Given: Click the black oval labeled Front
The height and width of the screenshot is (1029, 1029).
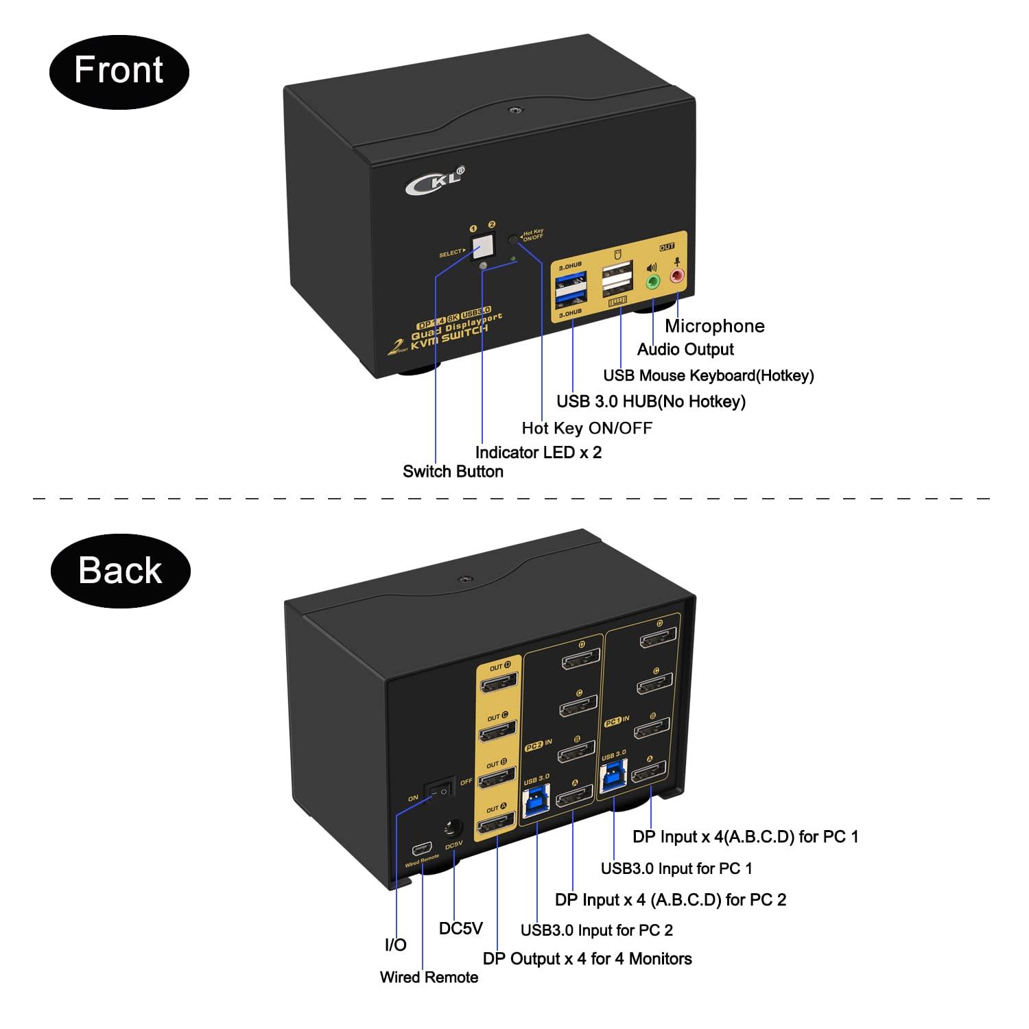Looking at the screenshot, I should (x=119, y=71).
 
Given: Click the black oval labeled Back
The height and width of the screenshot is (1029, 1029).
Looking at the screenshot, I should (x=120, y=571).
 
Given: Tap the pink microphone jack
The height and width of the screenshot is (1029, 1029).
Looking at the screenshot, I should (x=678, y=276).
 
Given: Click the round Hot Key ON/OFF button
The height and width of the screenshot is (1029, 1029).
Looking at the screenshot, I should (x=513, y=240).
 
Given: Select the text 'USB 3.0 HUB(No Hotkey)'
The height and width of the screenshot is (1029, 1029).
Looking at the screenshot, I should (x=650, y=401).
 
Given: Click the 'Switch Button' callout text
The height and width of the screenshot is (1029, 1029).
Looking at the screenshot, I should (x=453, y=472).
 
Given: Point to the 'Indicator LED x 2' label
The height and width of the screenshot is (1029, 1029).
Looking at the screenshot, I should (x=538, y=453).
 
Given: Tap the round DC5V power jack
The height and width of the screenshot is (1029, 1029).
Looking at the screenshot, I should (x=452, y=829).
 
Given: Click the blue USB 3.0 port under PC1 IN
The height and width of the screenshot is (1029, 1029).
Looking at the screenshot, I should (x=613, y=777).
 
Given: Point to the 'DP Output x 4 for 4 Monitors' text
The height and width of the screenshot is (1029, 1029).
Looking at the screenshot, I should (x=587, y=959).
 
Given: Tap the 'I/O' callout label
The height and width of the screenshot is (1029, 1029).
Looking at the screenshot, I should (x=395, y=945).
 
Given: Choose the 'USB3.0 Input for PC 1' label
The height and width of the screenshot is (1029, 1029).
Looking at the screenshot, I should (x=676, y=868).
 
